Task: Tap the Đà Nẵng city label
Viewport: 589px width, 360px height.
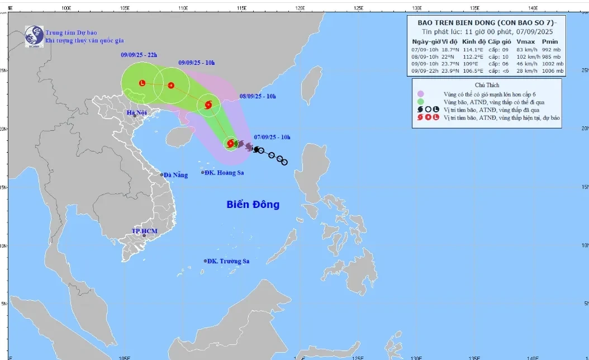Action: point(175,175)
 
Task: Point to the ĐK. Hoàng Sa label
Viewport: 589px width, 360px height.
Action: point(224,173)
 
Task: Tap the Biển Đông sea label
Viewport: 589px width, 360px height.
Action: point(253,205)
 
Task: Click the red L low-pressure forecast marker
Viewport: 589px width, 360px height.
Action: point(142,83)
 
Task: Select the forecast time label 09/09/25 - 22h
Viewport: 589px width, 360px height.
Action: point(139,55)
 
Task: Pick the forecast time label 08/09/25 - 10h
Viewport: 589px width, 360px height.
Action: point(258,96)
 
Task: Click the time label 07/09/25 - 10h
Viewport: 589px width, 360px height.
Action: point(272,137)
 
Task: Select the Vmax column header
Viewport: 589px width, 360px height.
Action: point(525,41)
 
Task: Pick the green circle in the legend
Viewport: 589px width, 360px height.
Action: point(420,102)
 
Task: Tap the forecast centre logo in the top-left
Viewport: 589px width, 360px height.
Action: point(34,36)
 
